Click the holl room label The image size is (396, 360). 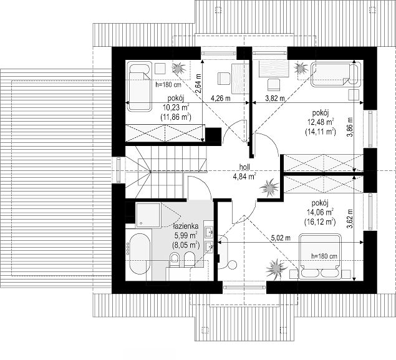point(244,167)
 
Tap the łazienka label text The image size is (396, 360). point(186,226)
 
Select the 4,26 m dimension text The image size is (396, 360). point(221,98)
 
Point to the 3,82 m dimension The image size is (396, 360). point(275,98)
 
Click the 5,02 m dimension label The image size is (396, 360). point(281,238)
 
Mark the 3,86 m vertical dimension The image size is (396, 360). point(350,127)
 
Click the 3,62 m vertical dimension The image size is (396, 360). point(350,218)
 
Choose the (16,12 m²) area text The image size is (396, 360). point(320,222)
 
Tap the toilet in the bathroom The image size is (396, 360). point(174,258)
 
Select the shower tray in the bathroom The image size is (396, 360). point(148,215)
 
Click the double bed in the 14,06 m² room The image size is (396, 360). point(320,256)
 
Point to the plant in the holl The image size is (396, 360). point(269,187)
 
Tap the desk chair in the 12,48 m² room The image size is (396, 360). point(273,85)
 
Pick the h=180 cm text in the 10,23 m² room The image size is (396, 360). point(168,85)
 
